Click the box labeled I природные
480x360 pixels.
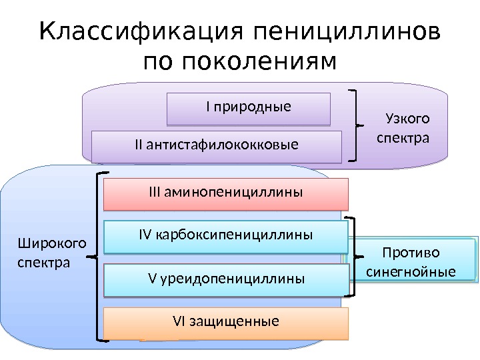click(248, 108)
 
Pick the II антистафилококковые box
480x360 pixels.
click(216, 145)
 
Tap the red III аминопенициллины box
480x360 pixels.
click(226, 193)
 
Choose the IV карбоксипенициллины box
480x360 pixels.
click(226, 237)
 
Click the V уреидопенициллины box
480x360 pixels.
click(226, 279)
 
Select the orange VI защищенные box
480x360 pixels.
click(226, 323)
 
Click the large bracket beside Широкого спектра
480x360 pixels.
click(101, 257)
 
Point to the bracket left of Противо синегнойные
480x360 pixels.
click(353, 257)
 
